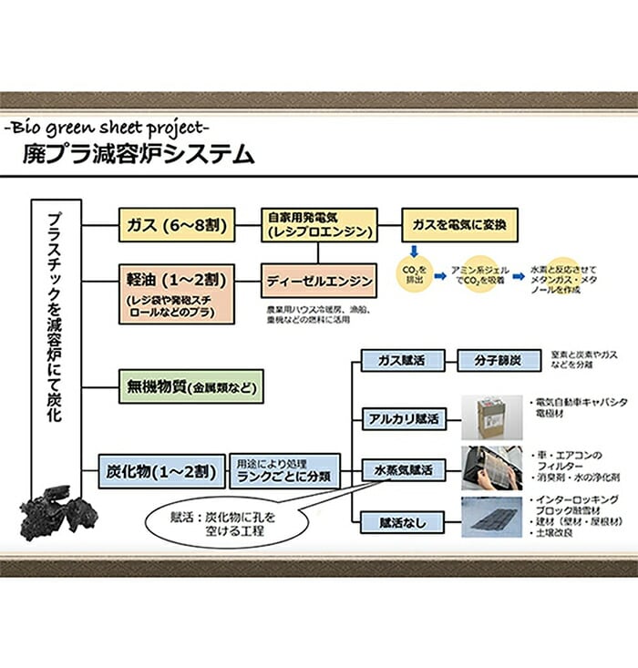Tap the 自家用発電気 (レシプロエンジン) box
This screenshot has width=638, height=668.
[319, 225]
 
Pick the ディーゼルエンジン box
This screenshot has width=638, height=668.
[319, 281]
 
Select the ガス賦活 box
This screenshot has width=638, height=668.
[403, 361]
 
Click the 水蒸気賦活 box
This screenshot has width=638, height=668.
[403, 471]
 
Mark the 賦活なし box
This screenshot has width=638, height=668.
[403, 523]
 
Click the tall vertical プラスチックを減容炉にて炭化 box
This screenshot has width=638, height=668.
[56, 346]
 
